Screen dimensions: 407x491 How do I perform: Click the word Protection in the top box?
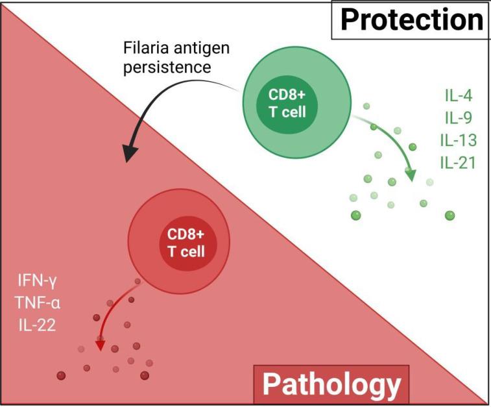point(411,19)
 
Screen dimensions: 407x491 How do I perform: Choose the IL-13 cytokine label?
point(458,140)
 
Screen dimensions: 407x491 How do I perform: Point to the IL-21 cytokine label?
point(458,162)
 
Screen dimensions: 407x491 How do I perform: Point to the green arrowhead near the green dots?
point(410,175)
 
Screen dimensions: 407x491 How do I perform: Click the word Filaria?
point(145,49)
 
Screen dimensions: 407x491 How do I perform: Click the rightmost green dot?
point(449,215)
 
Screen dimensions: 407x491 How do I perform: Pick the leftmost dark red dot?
point(61,375)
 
